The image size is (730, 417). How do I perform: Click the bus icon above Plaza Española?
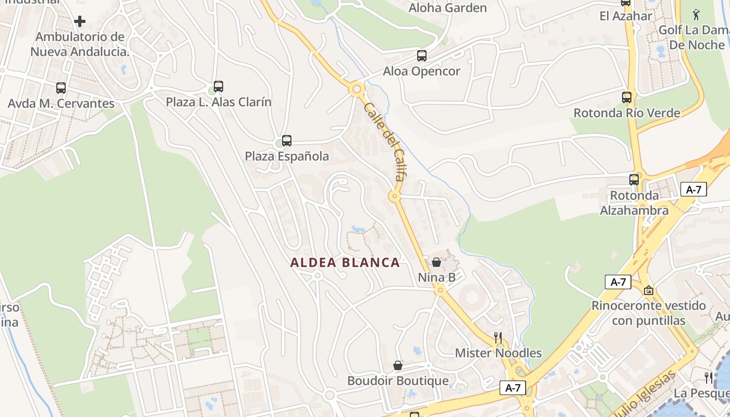point(286,140)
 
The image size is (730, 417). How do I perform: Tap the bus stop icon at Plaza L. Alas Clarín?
point(218,87)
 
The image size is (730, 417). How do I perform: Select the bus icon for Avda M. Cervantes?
point(61,88)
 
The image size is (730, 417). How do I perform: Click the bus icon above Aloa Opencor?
point(421,56)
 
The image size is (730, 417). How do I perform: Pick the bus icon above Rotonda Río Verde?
point(626,97)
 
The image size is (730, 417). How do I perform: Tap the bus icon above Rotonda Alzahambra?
point(634,180)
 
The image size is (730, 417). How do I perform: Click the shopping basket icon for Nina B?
point(436,262)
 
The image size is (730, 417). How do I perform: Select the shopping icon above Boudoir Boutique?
point(398,365)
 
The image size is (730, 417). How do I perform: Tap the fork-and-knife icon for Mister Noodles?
point(498,338)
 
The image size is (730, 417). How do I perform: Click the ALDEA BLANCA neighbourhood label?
point(345,263)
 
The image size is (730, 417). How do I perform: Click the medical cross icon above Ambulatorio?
point(80,21)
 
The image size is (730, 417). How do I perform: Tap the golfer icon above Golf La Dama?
point(697,15)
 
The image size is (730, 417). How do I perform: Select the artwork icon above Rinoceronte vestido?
point(649,290)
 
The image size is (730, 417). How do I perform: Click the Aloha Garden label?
point(448,8)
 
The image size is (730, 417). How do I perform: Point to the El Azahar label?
point(626,16)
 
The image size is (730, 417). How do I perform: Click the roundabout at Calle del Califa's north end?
point(357,89)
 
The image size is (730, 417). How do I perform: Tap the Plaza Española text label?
point(287,156)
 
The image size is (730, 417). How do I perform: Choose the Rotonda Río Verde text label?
point(627,113)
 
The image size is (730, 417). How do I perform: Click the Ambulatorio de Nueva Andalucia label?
point(80,44)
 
